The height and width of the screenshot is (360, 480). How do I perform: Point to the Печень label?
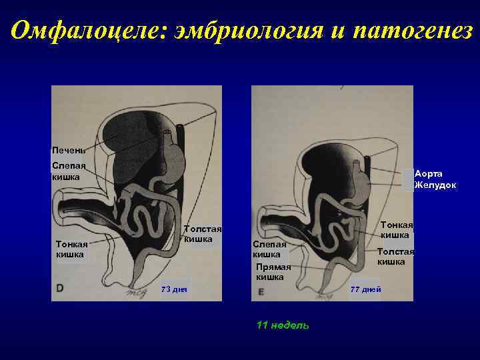tap(69, 150)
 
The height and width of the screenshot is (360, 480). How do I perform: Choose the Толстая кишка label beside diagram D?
tap(201, 234)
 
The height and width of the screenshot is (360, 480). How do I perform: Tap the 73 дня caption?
tap(175, 289)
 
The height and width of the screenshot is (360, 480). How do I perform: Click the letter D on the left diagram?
tap(60, 289)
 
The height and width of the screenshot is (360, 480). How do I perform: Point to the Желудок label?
tap(435, 185)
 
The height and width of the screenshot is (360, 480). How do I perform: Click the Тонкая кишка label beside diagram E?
tap(396, 230)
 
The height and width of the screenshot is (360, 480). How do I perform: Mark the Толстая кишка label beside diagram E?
tap(395, 256)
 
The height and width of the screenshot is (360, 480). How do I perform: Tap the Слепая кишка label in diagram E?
tap(269, 249)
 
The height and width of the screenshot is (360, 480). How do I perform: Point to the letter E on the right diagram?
tap(261, 291)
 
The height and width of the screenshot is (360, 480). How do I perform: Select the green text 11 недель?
tap(283, 325)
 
